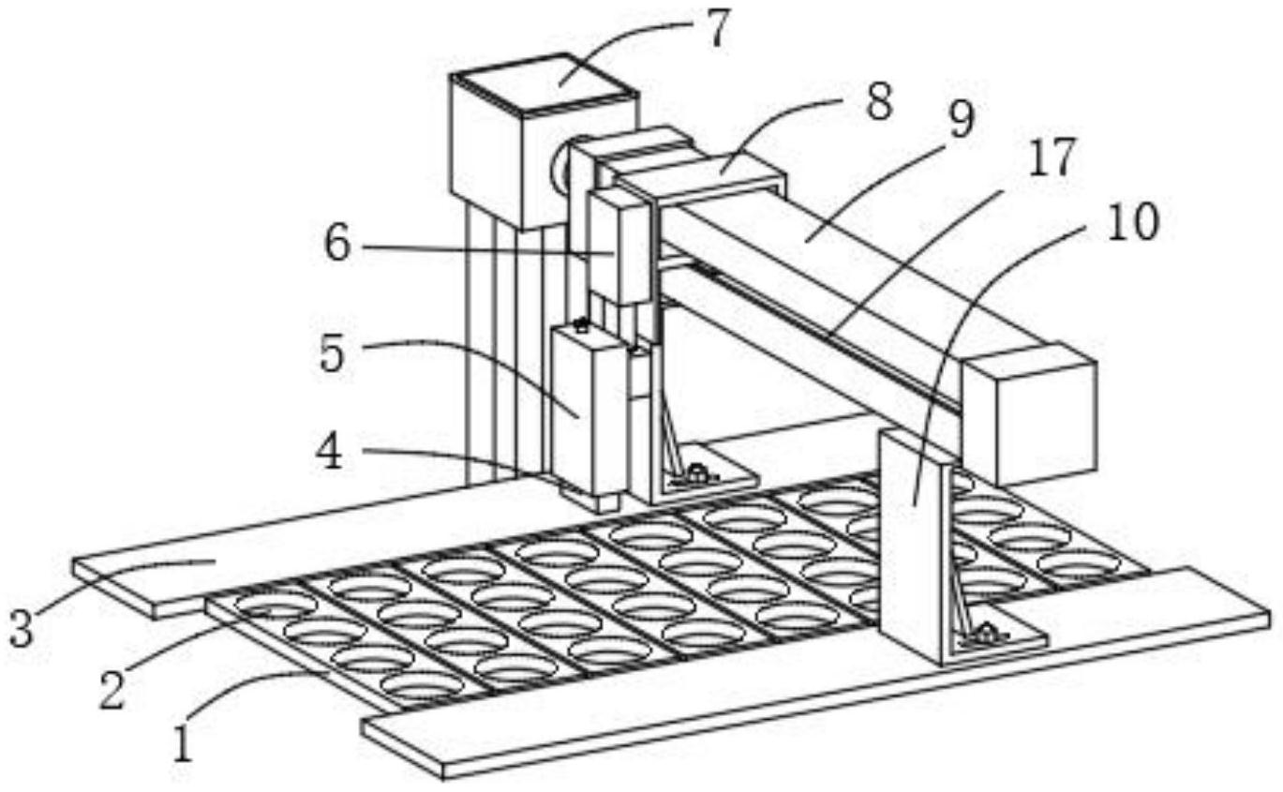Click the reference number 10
point(1133,222)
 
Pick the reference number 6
point(336,246)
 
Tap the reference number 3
point(21,629)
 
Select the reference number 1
point(184,747)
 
